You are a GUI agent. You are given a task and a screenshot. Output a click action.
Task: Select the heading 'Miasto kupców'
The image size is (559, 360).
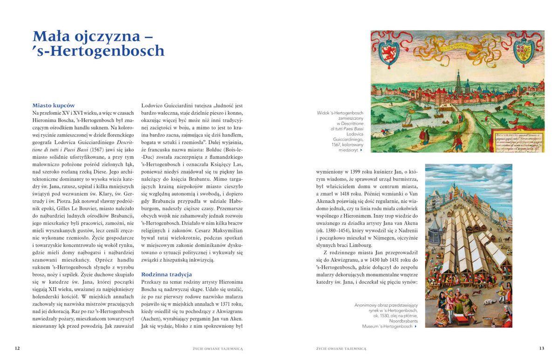[54, 105]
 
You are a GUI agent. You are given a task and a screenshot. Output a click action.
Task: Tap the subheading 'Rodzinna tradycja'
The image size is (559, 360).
[166, 274]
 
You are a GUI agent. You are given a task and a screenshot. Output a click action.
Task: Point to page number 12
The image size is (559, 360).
[17, 348]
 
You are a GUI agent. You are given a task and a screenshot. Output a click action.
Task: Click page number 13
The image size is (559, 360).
[541, 348]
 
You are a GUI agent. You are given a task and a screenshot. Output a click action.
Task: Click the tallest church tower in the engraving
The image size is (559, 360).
[459, 82]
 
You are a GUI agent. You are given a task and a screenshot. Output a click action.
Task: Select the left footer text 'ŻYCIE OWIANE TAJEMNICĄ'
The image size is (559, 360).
[218, 348]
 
